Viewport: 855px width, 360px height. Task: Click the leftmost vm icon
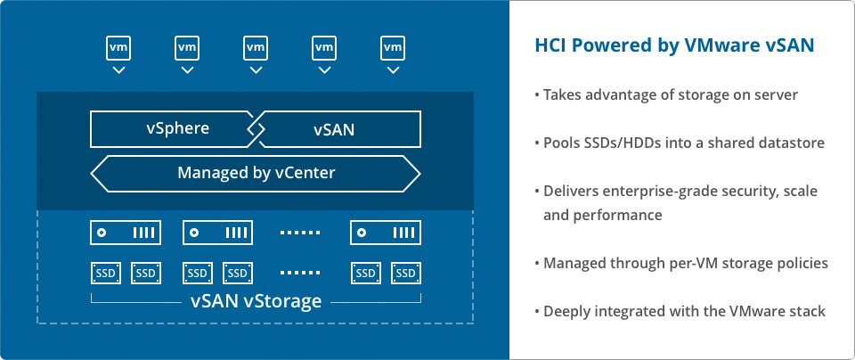pyautogui.click(x=118, y=48)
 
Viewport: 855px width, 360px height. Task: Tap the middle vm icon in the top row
pyautogui.click(x=256, y=48)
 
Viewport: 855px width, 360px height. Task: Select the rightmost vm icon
pyautogui.click(x=393, y=48)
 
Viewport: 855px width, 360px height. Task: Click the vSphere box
pyautogui.click(x=174, y=129)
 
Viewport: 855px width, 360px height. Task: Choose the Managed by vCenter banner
pyautogui.click(x=256, y=174)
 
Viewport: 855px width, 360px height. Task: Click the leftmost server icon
pyautogui.click(x=126, y=233)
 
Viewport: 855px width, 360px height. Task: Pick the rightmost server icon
pyautogui.click(x=386, y=233)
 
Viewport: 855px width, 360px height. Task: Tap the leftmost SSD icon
pyautogui.click(x=105, y=274)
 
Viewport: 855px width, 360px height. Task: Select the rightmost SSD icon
pyautogui.click(x=406, y=274)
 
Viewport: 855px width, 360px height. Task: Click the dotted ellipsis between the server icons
pyautogui.click(x=300, y=233)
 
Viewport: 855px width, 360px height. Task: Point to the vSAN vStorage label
pyautogui.click(x=256, y=300)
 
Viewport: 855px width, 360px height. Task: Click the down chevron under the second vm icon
pyautogui.click(x=187, y=70)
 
